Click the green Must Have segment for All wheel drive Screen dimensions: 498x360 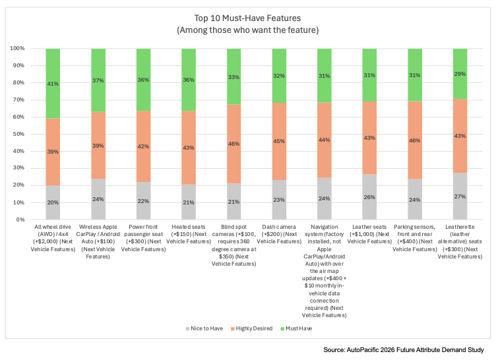53,84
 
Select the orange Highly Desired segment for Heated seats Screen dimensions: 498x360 189,148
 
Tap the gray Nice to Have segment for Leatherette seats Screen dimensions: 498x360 460,196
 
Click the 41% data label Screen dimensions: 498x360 53,84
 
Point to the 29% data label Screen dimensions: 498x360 460,74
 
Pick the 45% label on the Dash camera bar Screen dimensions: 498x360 279,141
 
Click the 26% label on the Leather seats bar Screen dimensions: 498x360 369,197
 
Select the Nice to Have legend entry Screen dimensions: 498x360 204,328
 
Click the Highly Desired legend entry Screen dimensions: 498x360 251,328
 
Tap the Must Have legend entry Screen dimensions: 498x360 296,328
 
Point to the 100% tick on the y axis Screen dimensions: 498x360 17,48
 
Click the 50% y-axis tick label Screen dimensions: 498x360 18,134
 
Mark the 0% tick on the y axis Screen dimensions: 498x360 20,220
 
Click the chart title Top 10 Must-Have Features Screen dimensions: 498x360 248,18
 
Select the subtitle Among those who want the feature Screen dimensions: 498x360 248,30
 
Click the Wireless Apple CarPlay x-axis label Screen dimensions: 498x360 98,241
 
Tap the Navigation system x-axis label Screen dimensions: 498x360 325,271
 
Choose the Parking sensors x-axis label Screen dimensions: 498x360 415,238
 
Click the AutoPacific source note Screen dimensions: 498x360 404,350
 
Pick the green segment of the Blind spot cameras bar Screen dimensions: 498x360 233,76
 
